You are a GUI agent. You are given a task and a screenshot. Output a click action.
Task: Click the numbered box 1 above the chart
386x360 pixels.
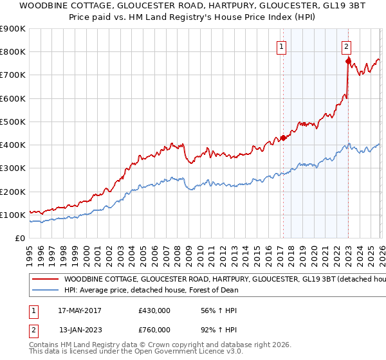282,46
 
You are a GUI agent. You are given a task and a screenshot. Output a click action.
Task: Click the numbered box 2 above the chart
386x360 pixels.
346,46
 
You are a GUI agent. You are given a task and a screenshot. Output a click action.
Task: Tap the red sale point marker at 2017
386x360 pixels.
283,138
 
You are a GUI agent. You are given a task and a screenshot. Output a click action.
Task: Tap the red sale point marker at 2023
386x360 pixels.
348,61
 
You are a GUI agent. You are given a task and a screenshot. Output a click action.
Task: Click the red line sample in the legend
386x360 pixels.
45,280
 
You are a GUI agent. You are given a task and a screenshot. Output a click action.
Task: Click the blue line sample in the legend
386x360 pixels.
45,290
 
